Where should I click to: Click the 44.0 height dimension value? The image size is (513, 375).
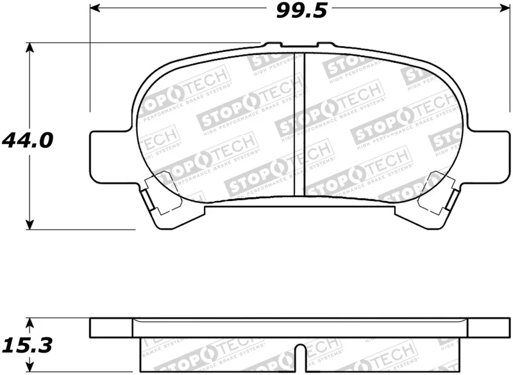pos(26,140)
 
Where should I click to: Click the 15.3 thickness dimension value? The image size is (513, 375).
pos(26,346)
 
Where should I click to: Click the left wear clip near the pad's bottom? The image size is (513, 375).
pos(157,195)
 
